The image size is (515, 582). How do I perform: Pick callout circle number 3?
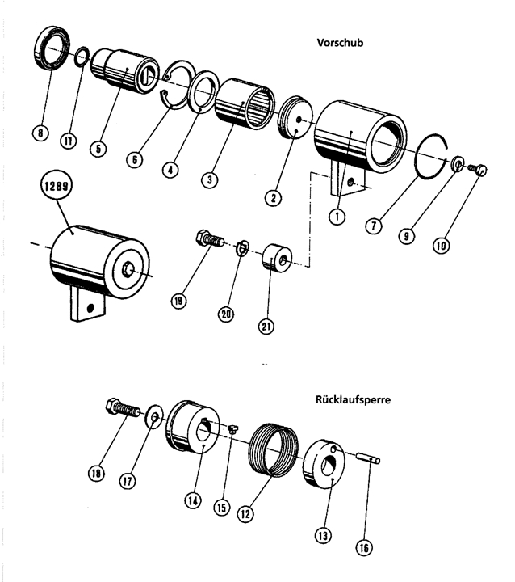coord(210,179)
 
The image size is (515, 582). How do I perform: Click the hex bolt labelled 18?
coord(124,408)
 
